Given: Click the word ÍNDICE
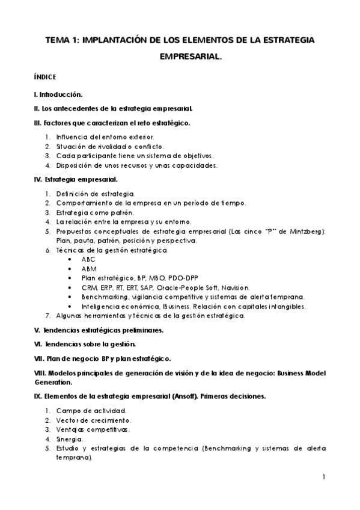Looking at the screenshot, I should coord(46,78).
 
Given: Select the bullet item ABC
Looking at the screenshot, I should coord(88,259).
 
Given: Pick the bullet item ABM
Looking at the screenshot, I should coord(88,269).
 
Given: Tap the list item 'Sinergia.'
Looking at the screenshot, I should coord(71,439).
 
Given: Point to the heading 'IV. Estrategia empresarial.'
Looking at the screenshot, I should coord(76,179).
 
